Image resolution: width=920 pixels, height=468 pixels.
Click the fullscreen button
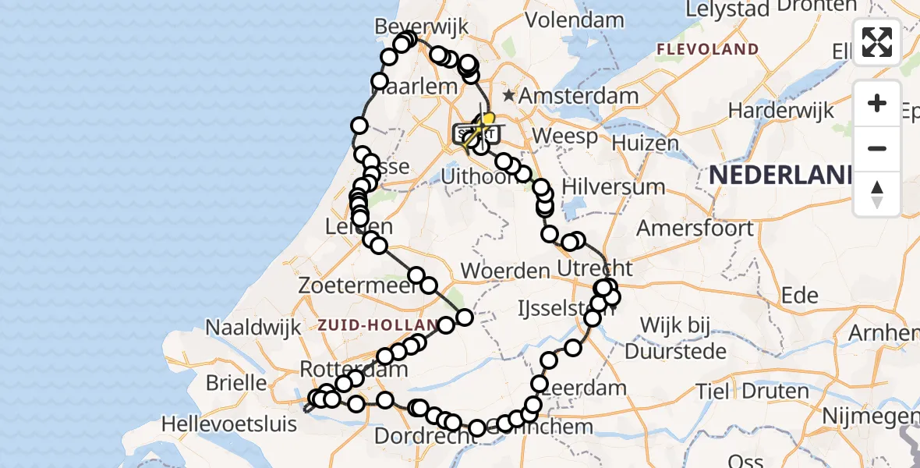tap(877, 42)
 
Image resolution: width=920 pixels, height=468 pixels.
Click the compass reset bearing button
tap(877, 194)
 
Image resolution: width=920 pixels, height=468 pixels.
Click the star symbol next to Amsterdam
tap(509, 96)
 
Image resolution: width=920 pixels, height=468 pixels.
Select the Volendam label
tap(576, 19)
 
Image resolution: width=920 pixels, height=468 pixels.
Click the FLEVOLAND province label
tap(707, 49)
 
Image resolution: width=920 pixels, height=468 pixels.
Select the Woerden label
tap(505, 271)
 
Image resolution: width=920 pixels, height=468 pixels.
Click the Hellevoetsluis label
tap(229, 424)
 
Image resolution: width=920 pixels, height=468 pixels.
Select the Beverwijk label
tap(421, 26)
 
